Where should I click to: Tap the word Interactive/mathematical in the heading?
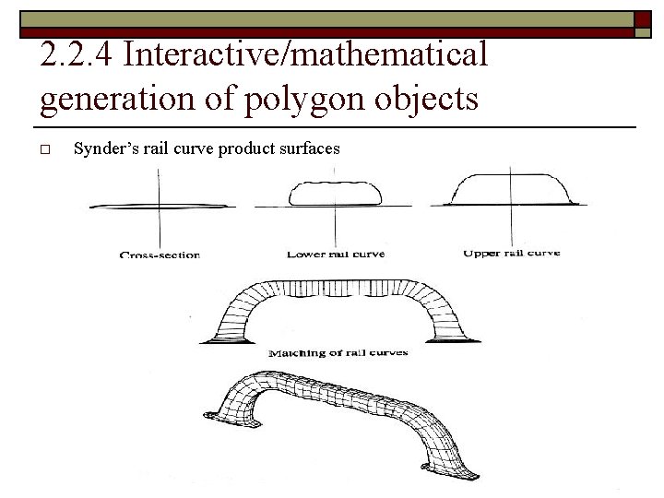[304, 55]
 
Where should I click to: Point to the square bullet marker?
[46, 148]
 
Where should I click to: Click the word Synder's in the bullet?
[103, 148]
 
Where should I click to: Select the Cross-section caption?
[160, 255]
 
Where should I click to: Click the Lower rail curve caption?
[336, 254]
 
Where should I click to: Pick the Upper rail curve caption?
[511, 253]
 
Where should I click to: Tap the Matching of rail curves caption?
[338, 352]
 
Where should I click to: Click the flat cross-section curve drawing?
[160, 205]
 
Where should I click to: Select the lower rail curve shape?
[335, 193]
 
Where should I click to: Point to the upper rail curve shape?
[511, 188]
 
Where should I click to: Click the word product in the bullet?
[246, 148]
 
